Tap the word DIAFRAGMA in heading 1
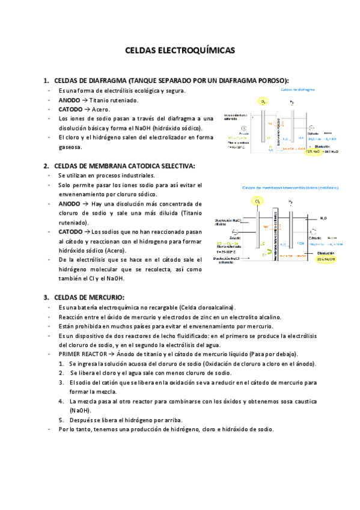coord(106,81)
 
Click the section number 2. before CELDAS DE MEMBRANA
coord(46,166)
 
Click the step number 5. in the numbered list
coord(62,420)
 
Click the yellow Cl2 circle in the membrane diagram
coord(258,202)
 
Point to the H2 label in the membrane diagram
coord(291,201)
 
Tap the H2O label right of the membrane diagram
coord(323,218)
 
